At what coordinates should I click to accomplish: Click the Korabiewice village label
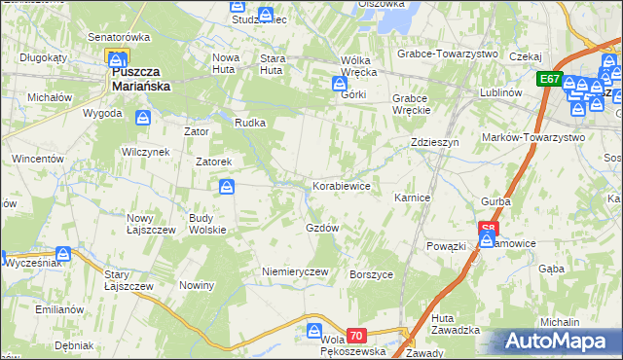(x=340, y=185)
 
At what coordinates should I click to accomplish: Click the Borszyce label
(x=371, y=274)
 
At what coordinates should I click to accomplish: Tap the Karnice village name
(x=412, y=198)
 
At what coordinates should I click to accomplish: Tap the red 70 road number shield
(x=356, y=336)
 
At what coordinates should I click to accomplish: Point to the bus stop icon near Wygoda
(x=143, y=118)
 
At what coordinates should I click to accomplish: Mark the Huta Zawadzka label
(x=456, y=324)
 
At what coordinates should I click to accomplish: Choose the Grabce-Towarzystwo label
(x=448, y=54)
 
